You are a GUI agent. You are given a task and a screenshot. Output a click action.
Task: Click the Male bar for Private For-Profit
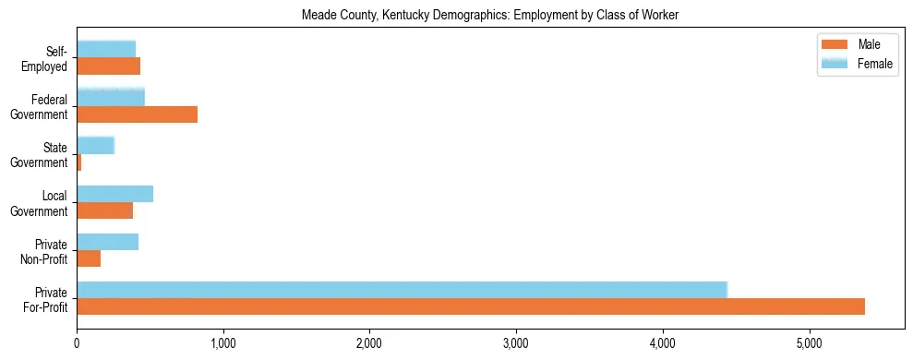pos(471,307)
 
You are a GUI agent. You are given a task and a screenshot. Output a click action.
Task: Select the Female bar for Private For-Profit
pos(402,290)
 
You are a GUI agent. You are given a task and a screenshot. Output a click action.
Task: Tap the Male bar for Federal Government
pos(137,114)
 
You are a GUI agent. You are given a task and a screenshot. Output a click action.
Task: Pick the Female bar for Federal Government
pos(111,97)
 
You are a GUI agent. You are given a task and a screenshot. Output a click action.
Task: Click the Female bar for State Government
pos(95,145)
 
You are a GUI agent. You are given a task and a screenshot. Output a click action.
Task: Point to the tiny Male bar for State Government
pos(79,162)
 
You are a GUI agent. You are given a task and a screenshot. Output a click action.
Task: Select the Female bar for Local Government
pos(114,194)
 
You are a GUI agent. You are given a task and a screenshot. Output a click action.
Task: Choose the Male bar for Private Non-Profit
pos(89,259)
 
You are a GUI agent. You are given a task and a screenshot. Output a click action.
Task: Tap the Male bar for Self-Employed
pos(108,66)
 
